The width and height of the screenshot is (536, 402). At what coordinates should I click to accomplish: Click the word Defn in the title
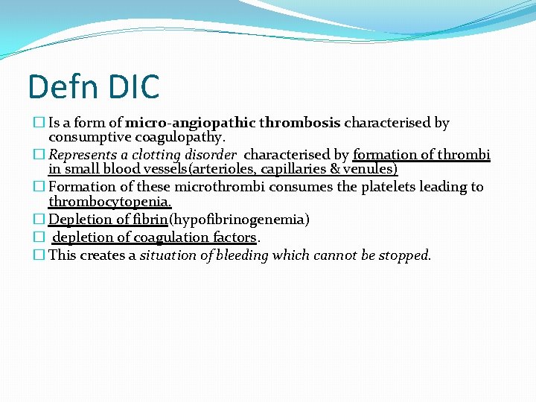tap(60, 86)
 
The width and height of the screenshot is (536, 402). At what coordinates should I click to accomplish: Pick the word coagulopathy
tap(178, 138)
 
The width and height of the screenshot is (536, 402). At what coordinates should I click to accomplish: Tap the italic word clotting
tap(156, 155)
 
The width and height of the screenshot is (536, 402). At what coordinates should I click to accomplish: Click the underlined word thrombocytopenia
tap(109, 202)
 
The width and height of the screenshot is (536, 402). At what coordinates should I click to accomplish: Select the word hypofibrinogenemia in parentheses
tap(239, 220)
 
